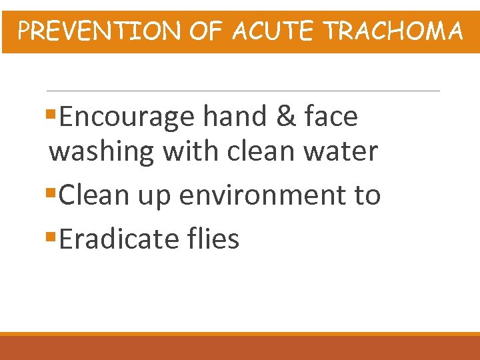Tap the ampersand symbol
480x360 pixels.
(284, 117)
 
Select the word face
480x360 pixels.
(331, 117)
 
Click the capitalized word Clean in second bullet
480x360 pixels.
(95, 195)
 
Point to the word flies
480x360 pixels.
(215, 239)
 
